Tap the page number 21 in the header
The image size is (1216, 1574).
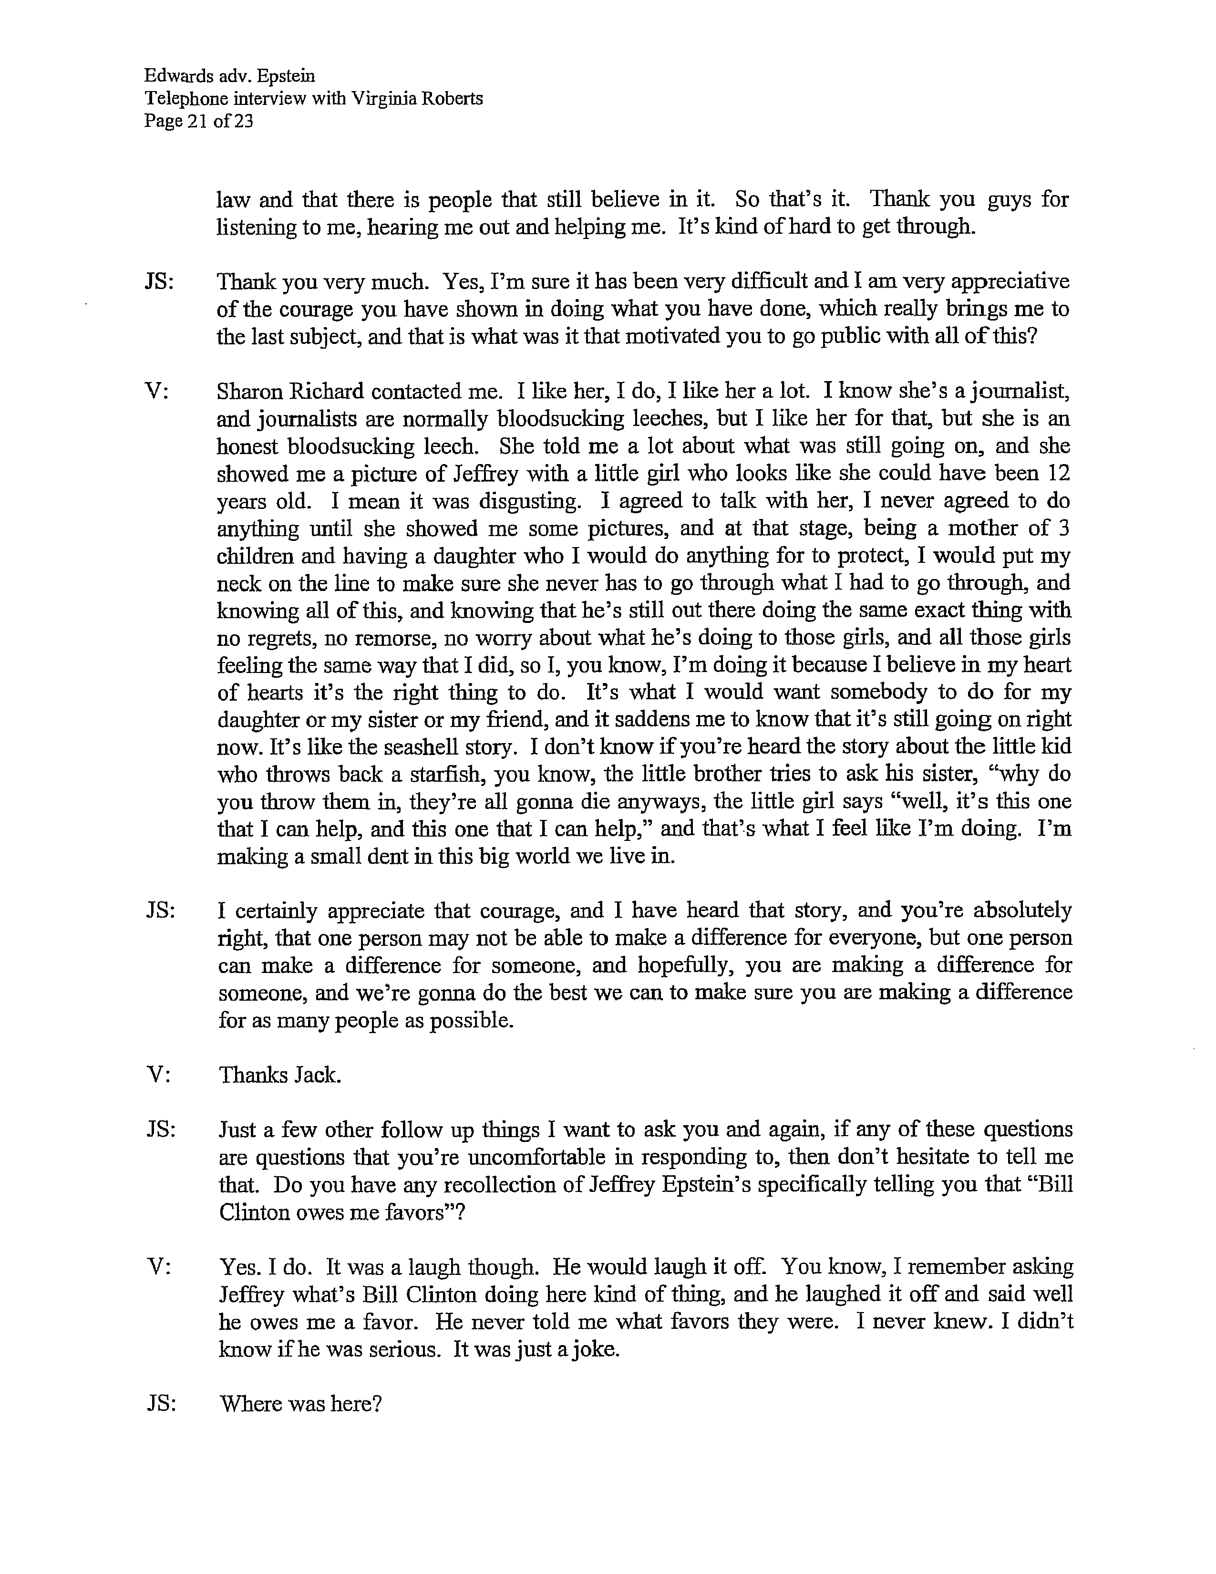pyautogui.click(x=197, y=121)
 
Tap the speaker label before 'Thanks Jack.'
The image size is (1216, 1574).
pyautogui.click(x=158, y=1075)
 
